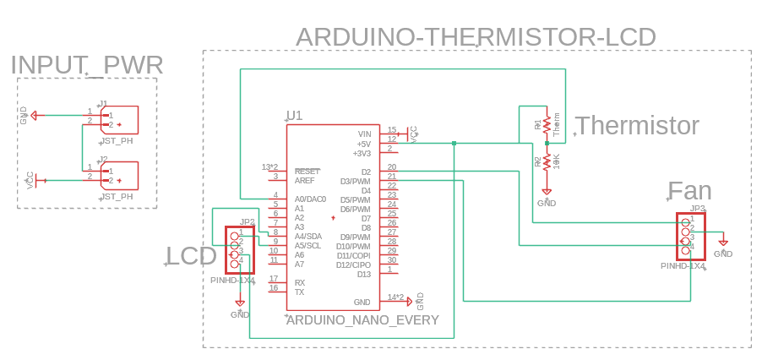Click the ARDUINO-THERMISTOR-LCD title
click(x=476, y=37)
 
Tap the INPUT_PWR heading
click(x=87, y=65)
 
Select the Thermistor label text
click(x=637, y=126)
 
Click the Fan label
click(x=689, y=190)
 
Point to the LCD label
click(x=191, y=256)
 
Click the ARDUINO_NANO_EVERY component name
click(x=363, y=320)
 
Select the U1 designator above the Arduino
click(x=294, y=116)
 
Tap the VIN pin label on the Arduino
click(x=364, y=134)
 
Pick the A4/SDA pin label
click(x=308, y=237)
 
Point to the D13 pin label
click(x=363, y=274)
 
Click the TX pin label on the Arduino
click(x=299, y=292)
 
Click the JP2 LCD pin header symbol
click(x=239, y=248)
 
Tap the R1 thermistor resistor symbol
click(x=547, y=124)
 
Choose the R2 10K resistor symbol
click(x=547, y=161)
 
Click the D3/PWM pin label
click(x=355, y=181)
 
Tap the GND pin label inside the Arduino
click(x=362, y=302)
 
